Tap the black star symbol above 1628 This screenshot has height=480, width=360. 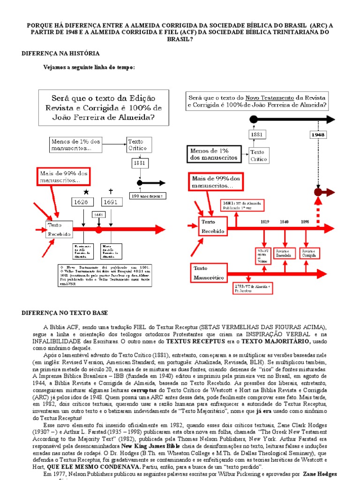click(x=86, y=192)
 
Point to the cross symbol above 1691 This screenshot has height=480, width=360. click(x=111, y=191)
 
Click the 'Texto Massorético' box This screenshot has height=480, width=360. click(x=210, y=274)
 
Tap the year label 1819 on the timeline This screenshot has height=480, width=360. click(x=265, y=222)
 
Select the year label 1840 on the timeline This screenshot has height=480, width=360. click(x=284, y=222)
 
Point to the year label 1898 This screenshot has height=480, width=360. click(x=305, y=222)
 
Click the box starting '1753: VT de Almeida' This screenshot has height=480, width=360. click(x=252, y=288)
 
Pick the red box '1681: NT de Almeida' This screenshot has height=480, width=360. click(x=242, y=205)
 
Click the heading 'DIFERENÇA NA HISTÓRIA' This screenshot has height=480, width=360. click(x=60, y=54)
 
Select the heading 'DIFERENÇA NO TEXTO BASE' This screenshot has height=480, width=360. click(x=65, y=313)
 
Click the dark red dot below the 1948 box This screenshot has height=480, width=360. click(x=318, y=192)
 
